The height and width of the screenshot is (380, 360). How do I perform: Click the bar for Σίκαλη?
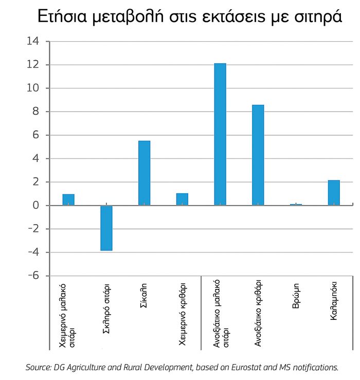pos(144,173)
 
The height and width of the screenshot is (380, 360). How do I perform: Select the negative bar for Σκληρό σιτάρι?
pos(106,228)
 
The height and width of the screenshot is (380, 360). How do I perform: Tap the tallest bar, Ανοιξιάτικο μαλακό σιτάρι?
pos(220,134)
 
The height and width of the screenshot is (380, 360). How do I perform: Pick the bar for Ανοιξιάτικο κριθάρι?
pos(258,155)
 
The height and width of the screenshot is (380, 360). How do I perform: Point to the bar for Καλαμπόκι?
pos(334,193)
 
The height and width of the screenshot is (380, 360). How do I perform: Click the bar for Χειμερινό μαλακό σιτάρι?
pos(68,200)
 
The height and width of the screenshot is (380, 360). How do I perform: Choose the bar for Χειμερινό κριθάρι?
pos(182,200)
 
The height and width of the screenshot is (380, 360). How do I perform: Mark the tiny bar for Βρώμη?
pos(296,204)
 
